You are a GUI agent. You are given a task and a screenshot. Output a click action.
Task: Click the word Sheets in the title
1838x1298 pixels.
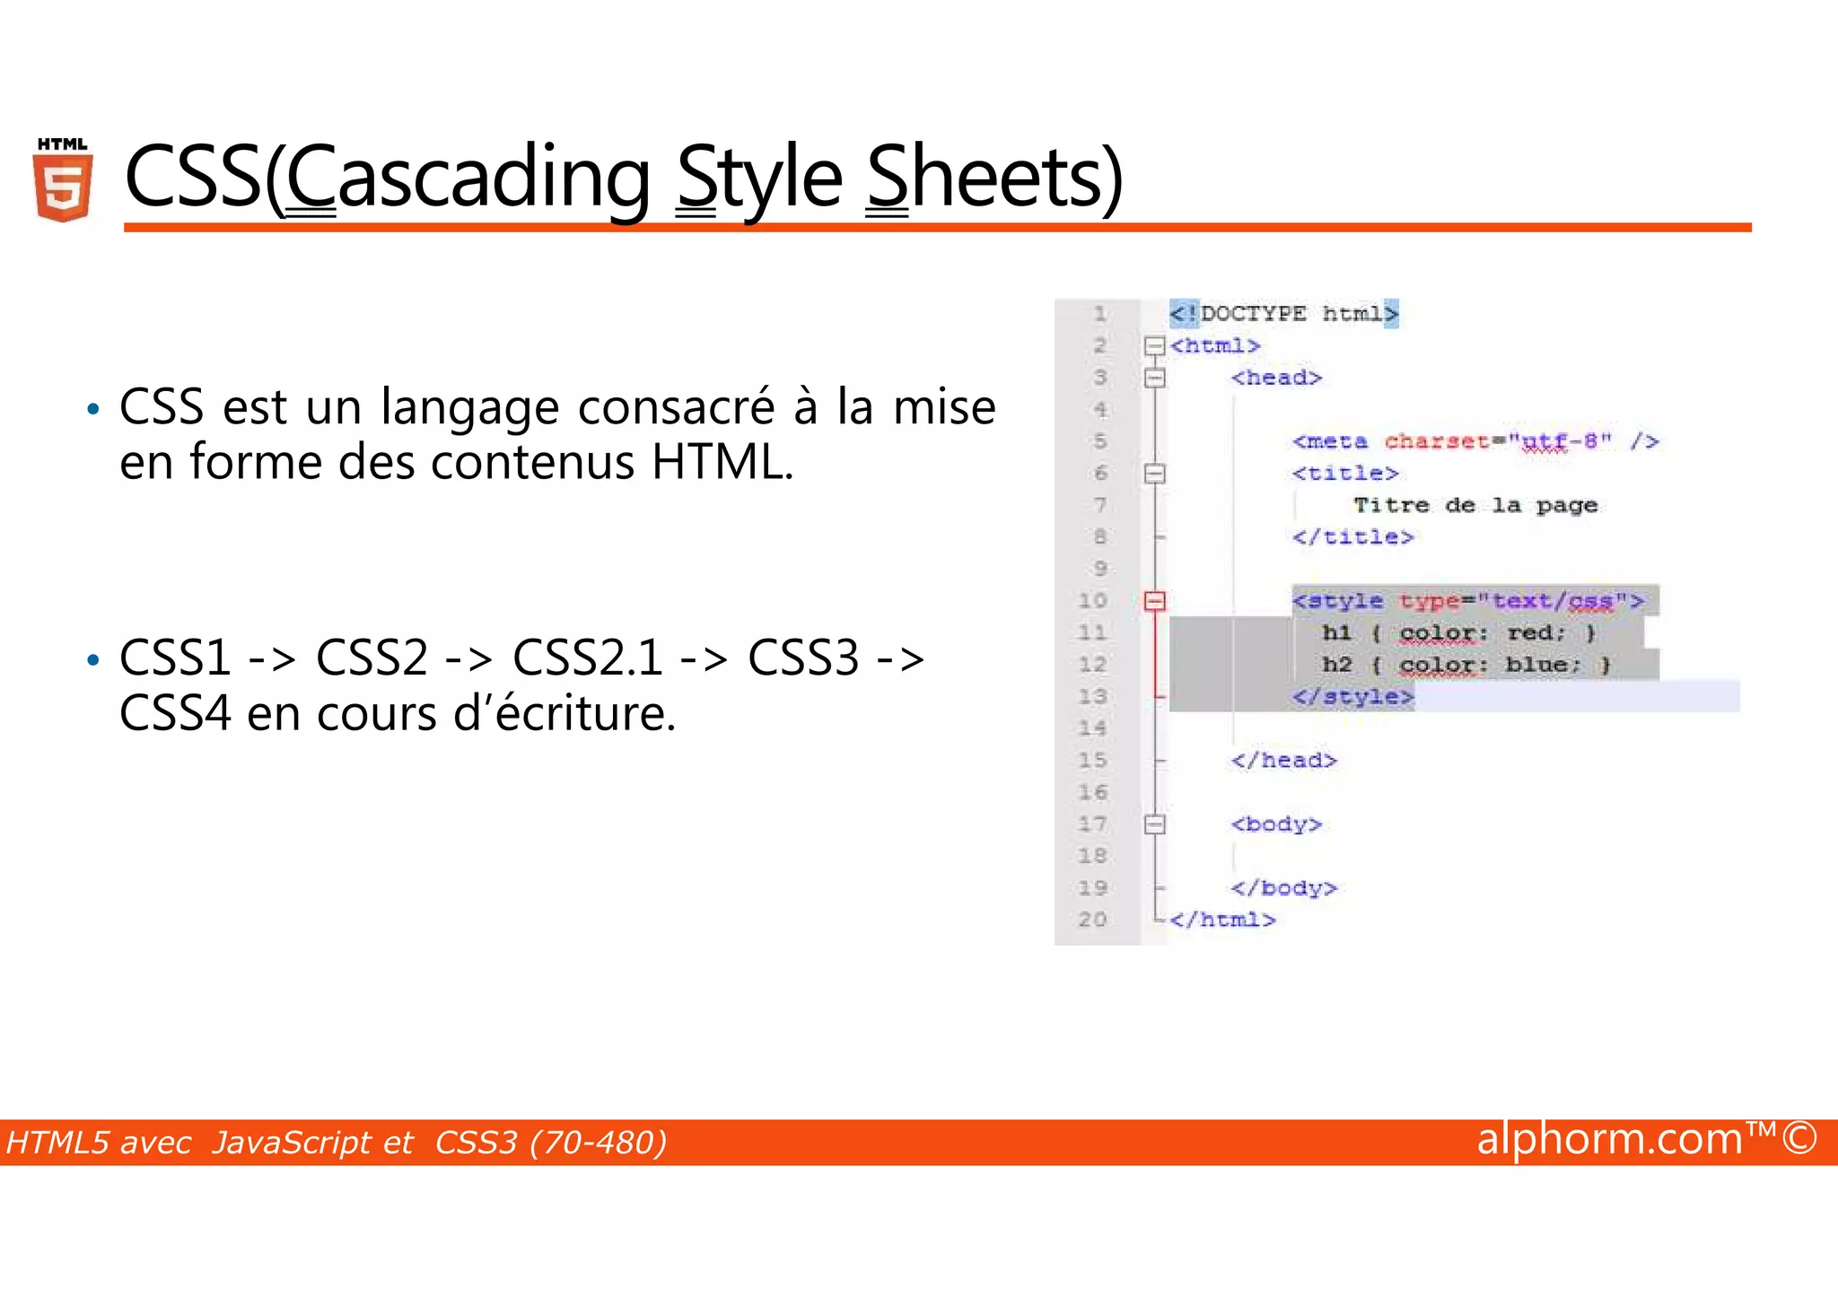[x=992, y=178]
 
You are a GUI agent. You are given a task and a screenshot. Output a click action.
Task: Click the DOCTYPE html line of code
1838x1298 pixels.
[x=1283, y=314]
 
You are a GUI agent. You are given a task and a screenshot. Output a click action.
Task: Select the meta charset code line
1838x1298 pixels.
[x=1475, y=441]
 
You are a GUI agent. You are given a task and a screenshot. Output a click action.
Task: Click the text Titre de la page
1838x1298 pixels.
[x=1475, y=505]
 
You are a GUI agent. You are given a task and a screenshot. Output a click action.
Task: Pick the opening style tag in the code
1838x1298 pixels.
[x=1468, y=600]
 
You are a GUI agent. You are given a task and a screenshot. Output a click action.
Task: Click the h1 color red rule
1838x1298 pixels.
[x=1458, y=632]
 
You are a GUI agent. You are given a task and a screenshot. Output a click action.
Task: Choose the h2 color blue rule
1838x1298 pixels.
[x=1466, y=665]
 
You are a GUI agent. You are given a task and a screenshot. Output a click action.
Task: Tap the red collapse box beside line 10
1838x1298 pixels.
[x=1155, y=601]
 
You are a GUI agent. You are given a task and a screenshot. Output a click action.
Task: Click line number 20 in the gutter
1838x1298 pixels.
[x=1092, y=919]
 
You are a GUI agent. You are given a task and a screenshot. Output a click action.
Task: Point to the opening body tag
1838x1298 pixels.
[x=1275, y=823]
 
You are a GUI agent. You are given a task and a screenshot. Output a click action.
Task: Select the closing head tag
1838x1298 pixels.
[x=1283, y=761]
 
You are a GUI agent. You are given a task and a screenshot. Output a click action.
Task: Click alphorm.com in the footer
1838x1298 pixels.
[x=1609, y=1139]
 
